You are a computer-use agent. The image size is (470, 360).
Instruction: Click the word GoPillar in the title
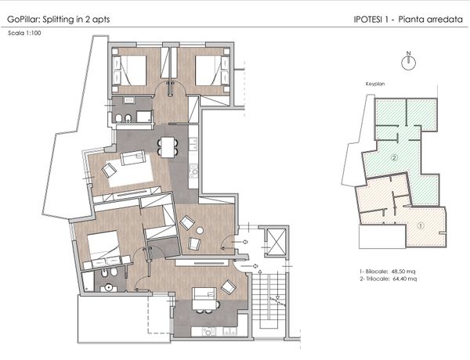pos(23,20)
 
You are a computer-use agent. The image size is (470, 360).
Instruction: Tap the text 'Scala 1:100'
pos(24,33)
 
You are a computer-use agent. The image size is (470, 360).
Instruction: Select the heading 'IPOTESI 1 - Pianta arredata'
pos(408,20)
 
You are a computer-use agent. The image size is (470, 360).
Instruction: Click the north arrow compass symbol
pos(408,62)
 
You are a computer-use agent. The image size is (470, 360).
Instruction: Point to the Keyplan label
pos(374,84)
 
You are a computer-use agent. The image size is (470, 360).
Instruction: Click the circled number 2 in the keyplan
pos(395,157)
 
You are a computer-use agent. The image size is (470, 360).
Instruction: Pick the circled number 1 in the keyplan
pos(421,225)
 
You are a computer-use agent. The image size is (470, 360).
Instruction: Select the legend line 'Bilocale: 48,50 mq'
pos(387,272)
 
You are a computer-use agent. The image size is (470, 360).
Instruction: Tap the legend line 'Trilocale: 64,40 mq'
pos(388,279)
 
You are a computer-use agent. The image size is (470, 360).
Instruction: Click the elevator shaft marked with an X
pos(276,242)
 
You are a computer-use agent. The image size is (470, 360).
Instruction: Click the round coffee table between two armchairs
pos(200,230)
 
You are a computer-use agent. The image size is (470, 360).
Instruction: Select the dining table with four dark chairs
pos(168,147)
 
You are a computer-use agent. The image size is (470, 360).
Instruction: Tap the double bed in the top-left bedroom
pos(129,70)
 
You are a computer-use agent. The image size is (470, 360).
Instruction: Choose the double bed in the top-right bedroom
pos(212,70)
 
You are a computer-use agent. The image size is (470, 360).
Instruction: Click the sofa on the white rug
pos(133,157)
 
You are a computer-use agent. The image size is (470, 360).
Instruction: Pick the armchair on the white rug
pos(109,171)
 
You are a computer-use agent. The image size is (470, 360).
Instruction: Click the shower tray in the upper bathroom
pos(144,117)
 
